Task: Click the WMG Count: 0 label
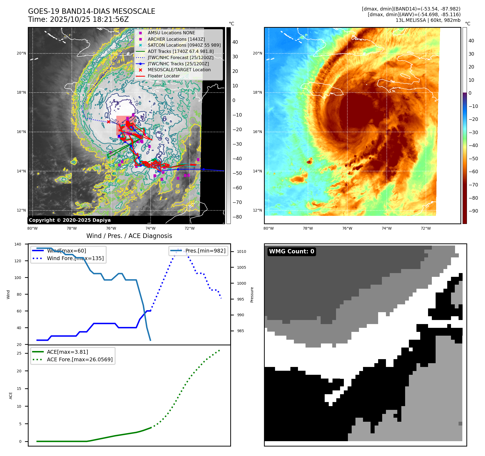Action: (x=291, y=251)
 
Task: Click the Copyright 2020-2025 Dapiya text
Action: (x=70, y=220)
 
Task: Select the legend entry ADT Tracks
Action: (x=180, y=51)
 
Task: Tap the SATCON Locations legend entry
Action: (x=184, y=45)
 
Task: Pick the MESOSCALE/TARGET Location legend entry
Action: (x=179, y=70)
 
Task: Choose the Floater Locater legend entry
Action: (x=164, y=76)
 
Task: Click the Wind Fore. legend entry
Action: (x=75, y=258)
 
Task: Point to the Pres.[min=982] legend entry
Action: (x=205, y=251)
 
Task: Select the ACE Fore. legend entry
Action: (x=80, y=359)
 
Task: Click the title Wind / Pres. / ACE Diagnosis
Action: (x=129, y=236)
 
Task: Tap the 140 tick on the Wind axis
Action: (x=18, y=244)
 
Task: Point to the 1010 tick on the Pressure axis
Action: (x=241, y=251)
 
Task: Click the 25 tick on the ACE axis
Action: (x=19, y=353)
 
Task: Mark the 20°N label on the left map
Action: (x=21, y=53)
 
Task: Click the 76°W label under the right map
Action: (x=347, y=228)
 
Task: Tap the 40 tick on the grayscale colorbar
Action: (x=235, y=42)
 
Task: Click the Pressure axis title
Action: (x=252, y=295)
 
